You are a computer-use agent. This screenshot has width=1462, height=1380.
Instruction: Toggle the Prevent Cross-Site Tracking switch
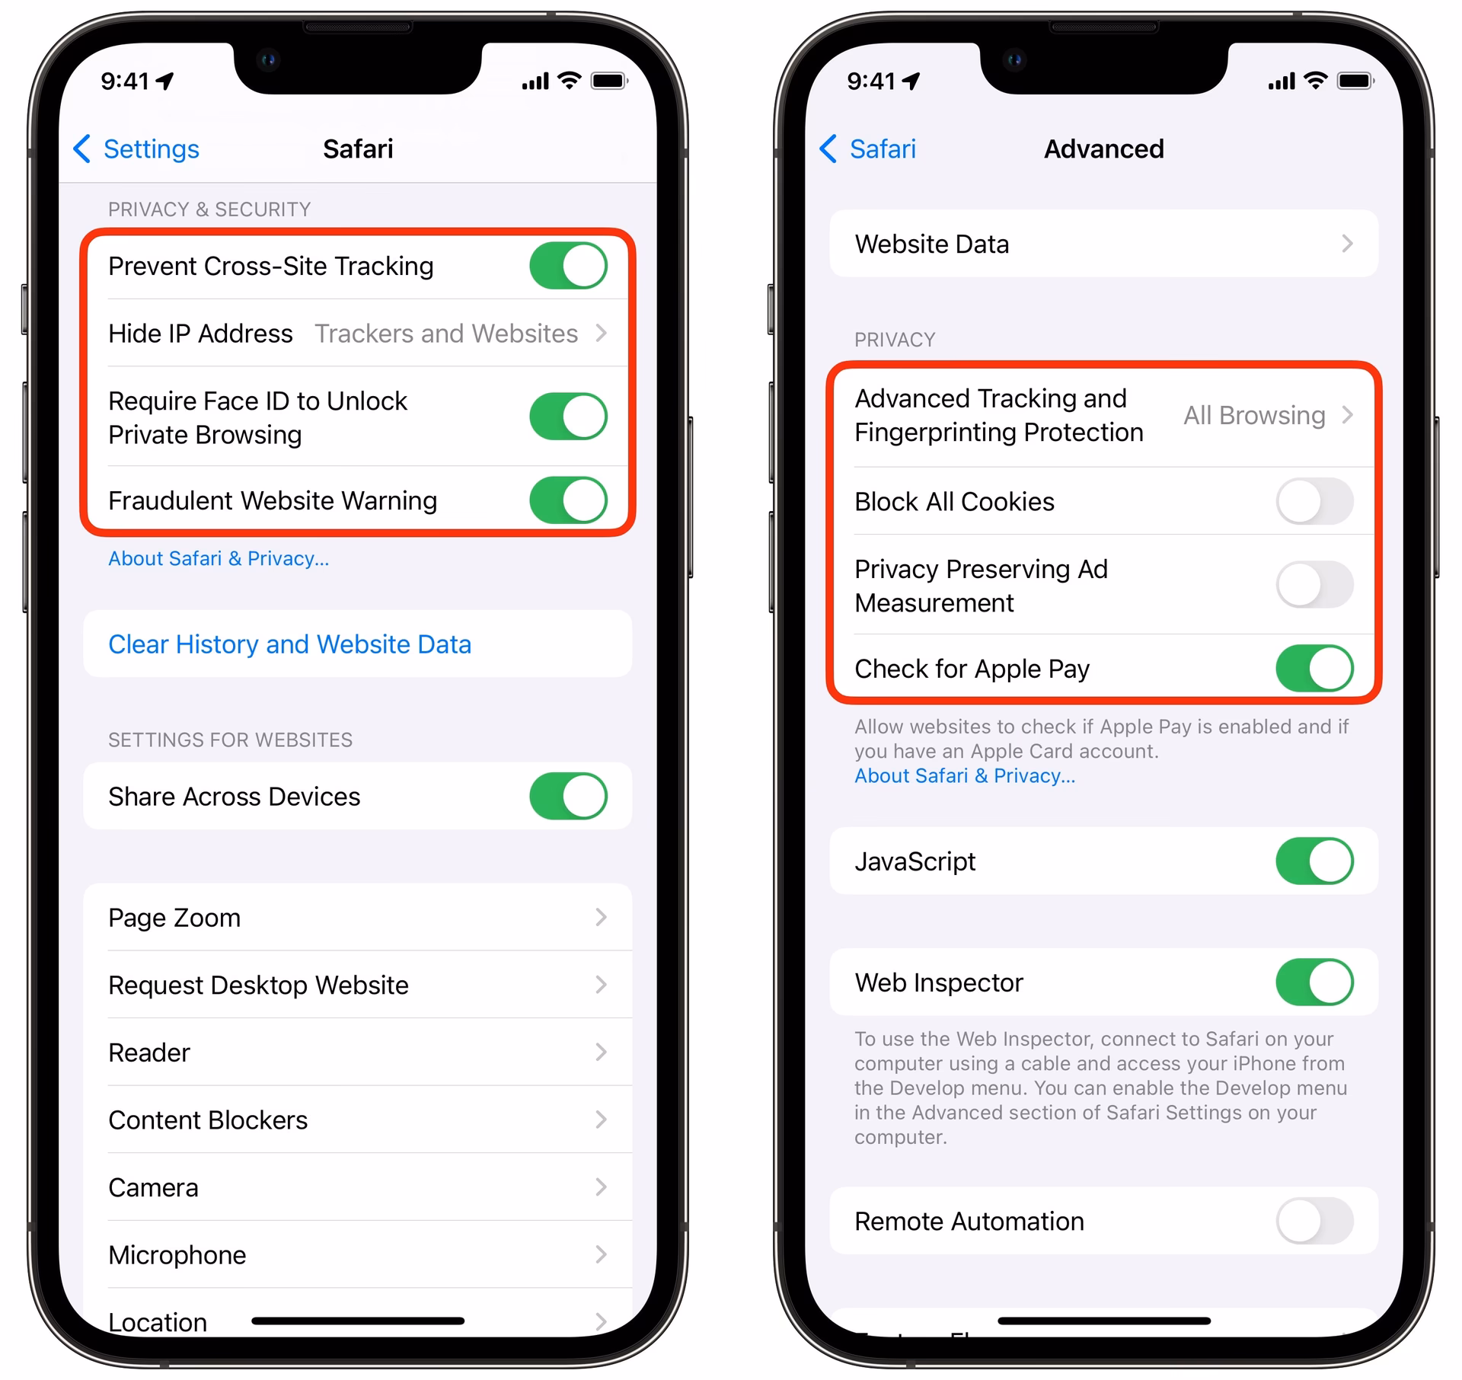click(568, 266)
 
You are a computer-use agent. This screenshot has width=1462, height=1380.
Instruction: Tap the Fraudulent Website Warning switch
click(568, 500)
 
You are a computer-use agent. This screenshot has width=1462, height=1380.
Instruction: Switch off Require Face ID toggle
click(568, 417)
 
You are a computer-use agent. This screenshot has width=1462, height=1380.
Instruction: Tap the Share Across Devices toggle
click(568, 796)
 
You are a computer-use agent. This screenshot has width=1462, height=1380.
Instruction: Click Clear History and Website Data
click(289, 644)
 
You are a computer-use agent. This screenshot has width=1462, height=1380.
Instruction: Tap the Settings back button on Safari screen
click(137, 149)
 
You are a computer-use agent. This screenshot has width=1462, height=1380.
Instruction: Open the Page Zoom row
click(357, 918)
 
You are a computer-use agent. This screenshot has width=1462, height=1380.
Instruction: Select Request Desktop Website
click(357, 985)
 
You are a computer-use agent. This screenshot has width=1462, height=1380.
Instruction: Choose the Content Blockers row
click(357, 1120)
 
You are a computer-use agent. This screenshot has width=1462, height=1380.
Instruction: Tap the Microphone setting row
click(357, 1254)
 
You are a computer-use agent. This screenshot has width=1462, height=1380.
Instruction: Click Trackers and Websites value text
click(446, 334)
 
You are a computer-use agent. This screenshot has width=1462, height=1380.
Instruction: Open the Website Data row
click(1103, 244)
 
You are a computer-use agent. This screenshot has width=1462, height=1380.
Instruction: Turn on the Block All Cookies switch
click(1314, 501)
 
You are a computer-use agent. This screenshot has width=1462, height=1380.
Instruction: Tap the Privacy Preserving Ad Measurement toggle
click(1314, 585)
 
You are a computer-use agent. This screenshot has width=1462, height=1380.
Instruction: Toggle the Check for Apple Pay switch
click(1314, 668)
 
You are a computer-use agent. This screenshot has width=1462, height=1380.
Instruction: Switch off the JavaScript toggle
click(1314, 861)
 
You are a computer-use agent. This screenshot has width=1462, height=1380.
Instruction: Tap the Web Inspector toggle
click(1314, 982)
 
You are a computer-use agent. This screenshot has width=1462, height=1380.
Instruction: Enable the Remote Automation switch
click(1314, 1221)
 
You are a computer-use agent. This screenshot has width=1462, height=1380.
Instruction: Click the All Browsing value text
click(1254, 415)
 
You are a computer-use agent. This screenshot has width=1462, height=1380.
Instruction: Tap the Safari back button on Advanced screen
click(869, 149)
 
